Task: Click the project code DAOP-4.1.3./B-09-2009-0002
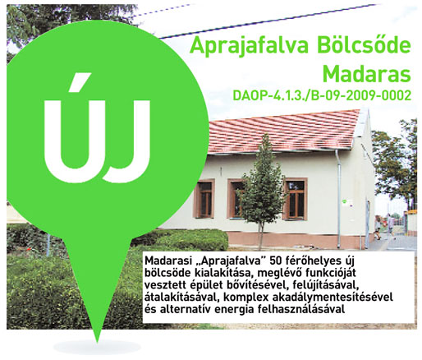(x=330, y=96)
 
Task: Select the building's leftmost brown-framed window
(x=204, y=198)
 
